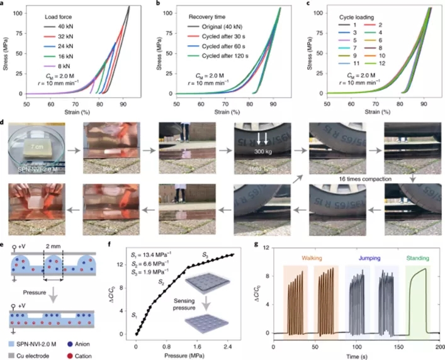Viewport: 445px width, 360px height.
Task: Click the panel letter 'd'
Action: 6,116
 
